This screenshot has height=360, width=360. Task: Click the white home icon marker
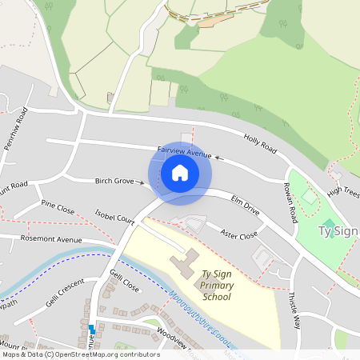(x=180, y=173)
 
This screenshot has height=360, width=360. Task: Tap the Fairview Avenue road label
(x=185, y=150)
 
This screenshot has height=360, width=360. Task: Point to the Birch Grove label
(x=114, y=182)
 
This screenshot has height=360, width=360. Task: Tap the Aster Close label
(x=239, y=235)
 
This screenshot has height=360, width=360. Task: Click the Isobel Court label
(x=114, y=218)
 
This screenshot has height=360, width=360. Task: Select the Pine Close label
(x=58, y=210)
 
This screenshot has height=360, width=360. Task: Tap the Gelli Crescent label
(x=65, y=294)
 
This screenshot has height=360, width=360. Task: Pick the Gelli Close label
(x=124, y=281)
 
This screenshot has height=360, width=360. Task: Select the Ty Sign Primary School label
(x=216, y=285)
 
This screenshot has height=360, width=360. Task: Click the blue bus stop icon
(x=92, y=329)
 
